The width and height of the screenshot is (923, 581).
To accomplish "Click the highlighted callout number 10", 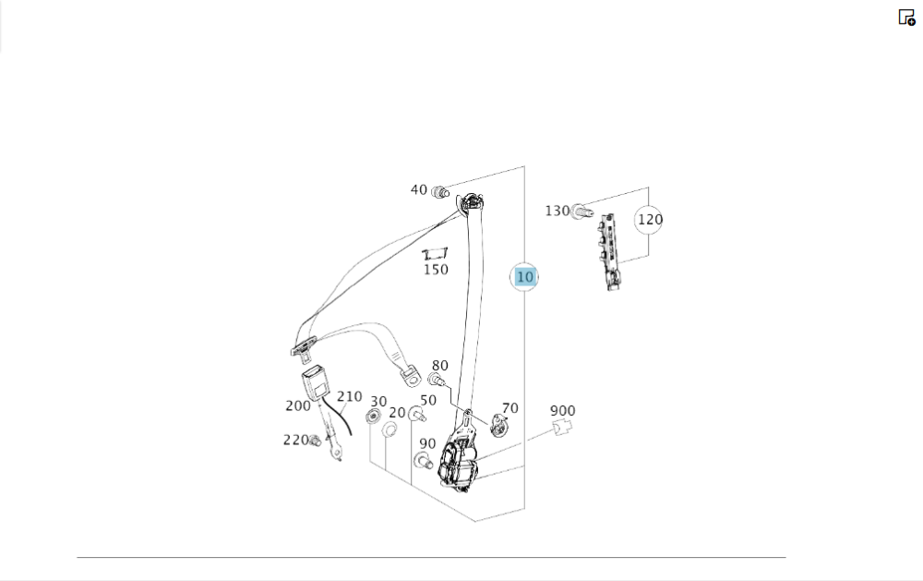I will [524, 276].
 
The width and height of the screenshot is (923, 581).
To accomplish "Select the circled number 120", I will [650, 220].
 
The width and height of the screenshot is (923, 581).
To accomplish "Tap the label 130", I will [557, 211].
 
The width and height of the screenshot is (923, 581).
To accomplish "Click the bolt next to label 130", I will [581, 212].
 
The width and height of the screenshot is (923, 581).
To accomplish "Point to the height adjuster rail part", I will [608, 252].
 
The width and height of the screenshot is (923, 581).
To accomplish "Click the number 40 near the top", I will [419, 189].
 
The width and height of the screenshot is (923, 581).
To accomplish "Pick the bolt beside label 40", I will [440, 192].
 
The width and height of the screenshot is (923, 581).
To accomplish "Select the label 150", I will [436, 270].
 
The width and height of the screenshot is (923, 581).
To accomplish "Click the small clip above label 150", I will [435, 253].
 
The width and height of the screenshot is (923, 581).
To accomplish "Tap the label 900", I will [562, 410].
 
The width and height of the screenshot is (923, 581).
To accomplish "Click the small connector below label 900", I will [562, 427].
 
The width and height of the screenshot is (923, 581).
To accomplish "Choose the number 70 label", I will [509, 407].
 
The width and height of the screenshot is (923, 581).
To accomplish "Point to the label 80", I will [439, 366].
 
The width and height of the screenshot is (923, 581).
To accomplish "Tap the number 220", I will [294, 440].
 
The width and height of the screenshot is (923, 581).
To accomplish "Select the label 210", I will [349, 396].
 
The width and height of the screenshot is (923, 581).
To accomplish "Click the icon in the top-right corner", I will [906, 17].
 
